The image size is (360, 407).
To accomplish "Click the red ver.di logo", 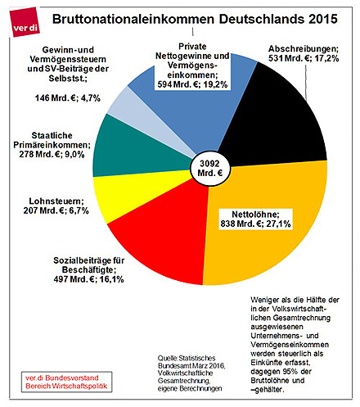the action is point(25,22).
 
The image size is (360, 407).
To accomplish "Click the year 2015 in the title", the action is point(323,19).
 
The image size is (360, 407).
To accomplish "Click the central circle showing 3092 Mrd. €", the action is point(209,169).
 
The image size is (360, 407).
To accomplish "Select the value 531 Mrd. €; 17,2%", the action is point(304,58).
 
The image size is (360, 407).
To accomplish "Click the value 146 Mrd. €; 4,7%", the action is point(68,98).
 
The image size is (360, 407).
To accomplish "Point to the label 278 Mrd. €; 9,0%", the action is point(52,155).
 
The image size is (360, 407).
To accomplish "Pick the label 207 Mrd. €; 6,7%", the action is point(56,210).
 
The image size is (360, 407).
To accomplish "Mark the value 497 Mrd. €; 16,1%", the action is point(88,279).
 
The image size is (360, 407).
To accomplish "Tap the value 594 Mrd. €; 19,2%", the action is point(192,84).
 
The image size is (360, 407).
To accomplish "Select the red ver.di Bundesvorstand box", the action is point(66,382).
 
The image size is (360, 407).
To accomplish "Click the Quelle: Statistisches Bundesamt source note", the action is point(191,373).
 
